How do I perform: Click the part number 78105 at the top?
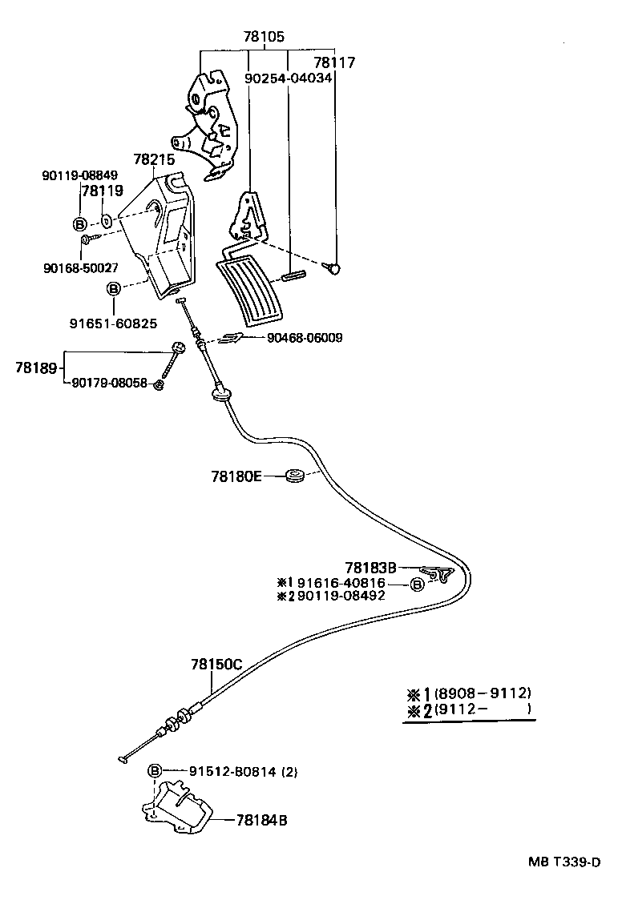(265, 37)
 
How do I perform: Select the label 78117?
(334, 62)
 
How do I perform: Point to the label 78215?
(155, 160)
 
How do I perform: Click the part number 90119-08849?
(80, 175)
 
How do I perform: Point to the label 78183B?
(371, 567)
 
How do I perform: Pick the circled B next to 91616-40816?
(418, 585)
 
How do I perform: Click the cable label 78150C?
(216, 664)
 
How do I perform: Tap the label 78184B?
(262, 820)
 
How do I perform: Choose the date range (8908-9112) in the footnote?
(483, 693)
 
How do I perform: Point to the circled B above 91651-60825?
(114, 289)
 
